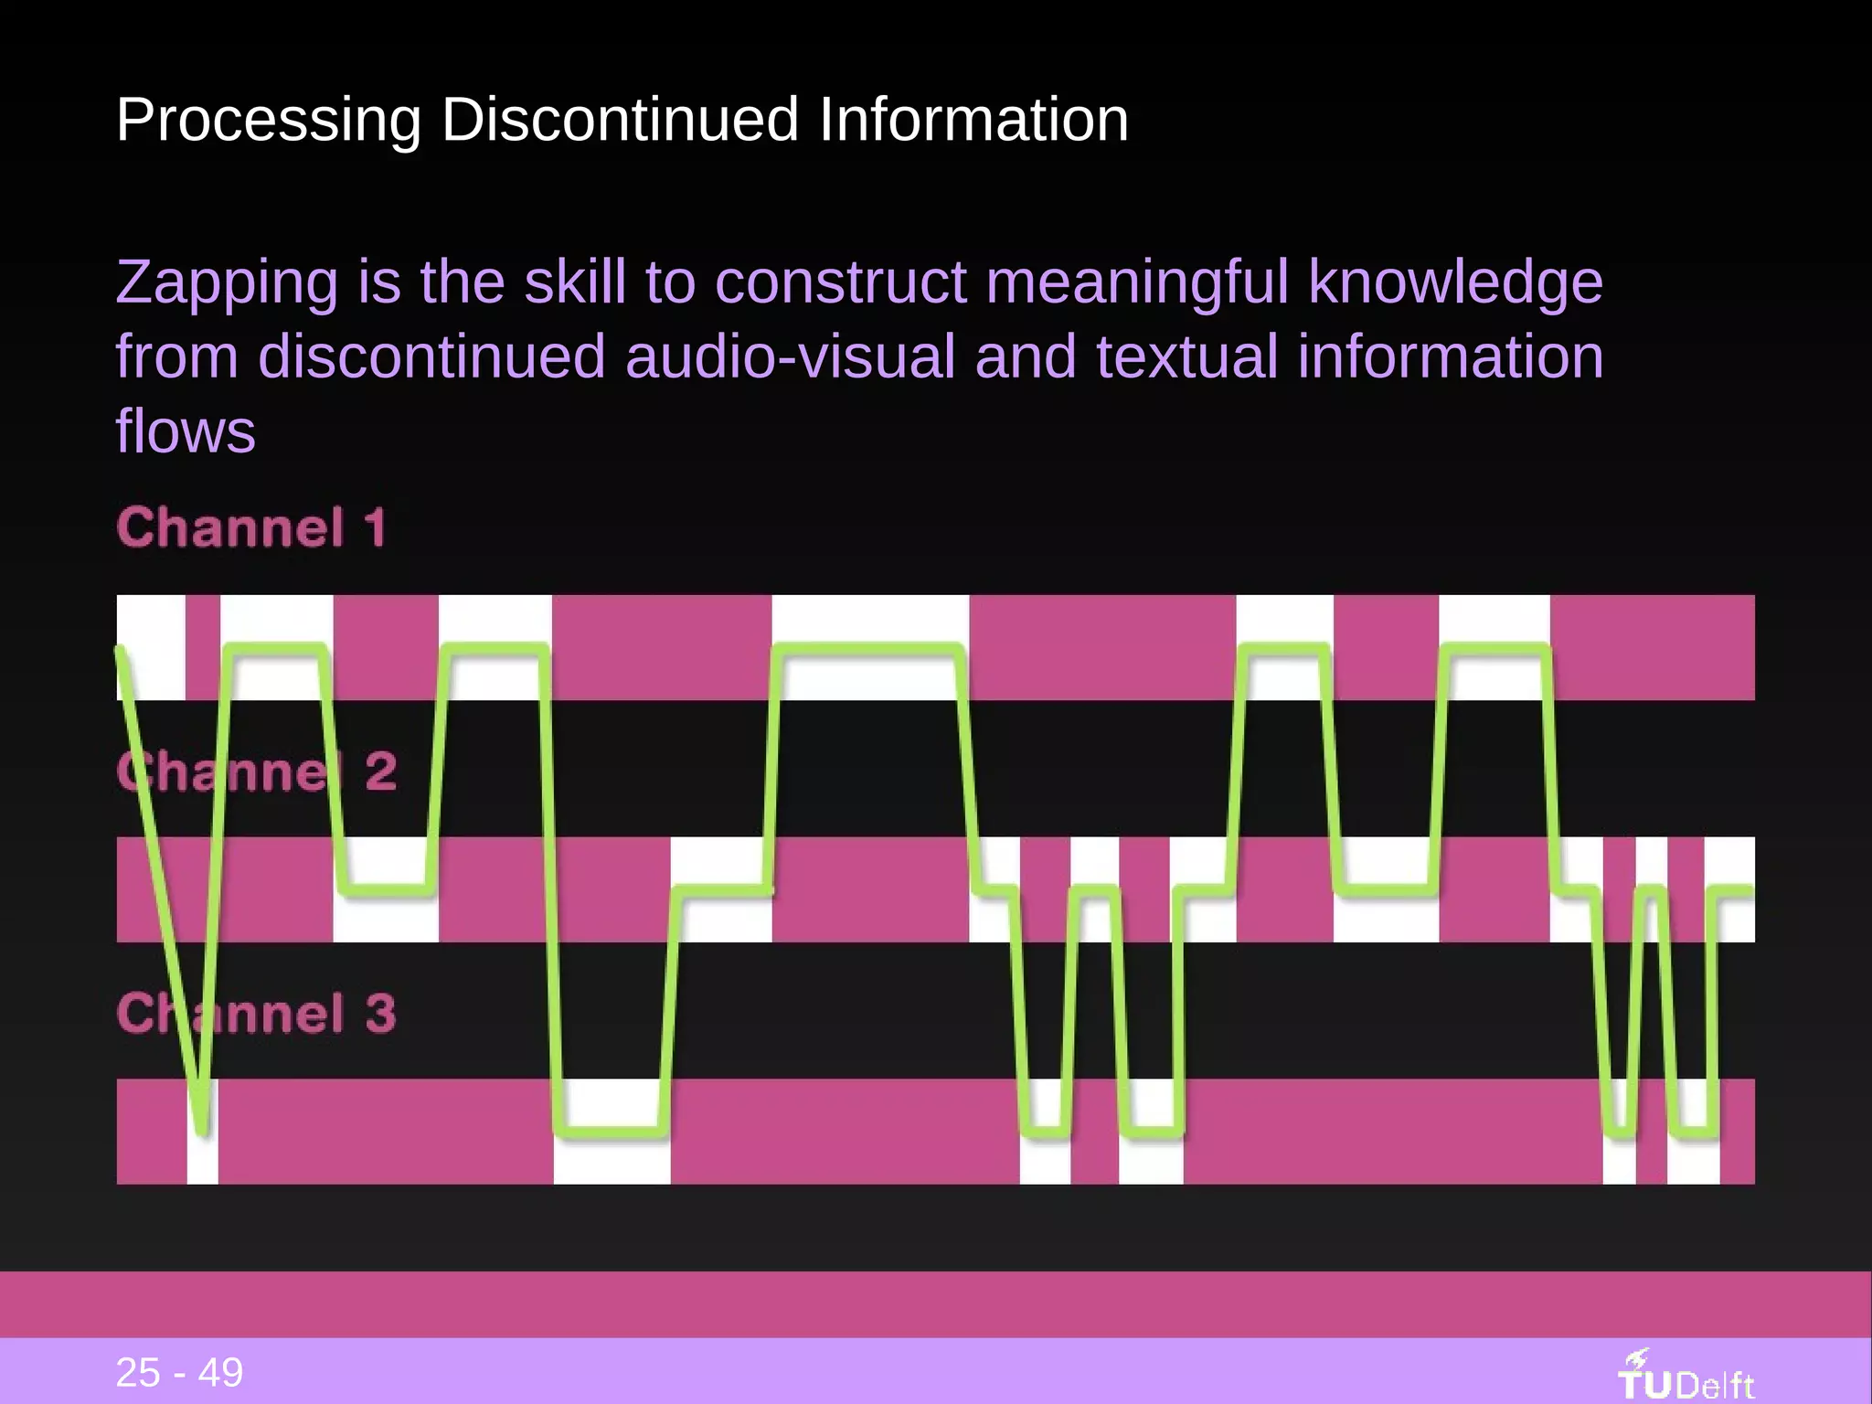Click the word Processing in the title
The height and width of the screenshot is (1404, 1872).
click(269, 121)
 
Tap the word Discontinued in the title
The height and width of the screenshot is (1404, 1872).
click(619, 121)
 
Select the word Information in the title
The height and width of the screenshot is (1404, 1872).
click(973, 121)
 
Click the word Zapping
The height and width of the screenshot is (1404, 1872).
click(227, 283)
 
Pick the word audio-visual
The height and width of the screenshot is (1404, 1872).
click(790, 356)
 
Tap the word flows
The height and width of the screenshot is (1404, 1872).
click(186, 431)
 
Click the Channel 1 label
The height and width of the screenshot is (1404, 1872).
click(251, 528)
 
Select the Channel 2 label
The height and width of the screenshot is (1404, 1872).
click(256, 771)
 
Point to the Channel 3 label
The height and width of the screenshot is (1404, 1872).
click(256, 1014)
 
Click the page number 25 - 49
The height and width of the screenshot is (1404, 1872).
click(179, 1372)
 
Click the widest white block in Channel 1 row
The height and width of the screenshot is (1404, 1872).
click(870, 647)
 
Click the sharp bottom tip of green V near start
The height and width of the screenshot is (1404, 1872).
click(202, 1130)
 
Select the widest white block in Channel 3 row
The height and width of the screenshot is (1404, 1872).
click(612, 1131)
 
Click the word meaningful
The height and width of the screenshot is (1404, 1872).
click(1137, 283)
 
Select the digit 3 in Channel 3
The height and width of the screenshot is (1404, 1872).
click(380, 1014)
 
